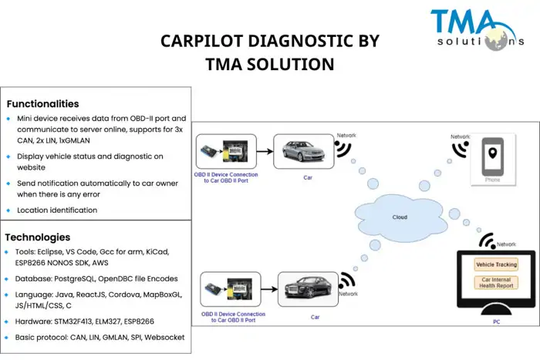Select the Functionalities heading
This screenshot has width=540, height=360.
pos(42,103)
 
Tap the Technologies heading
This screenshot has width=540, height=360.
pos(38,237)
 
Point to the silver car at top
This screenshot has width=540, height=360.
pos(303,150)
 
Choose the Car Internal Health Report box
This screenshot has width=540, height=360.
pos(496,283)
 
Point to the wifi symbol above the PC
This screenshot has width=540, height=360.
pos(488,241)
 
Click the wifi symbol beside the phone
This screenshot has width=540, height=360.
pos(461,147)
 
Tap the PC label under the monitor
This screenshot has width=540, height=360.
pos(496,321)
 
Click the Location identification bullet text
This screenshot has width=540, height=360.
pos(57,210)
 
